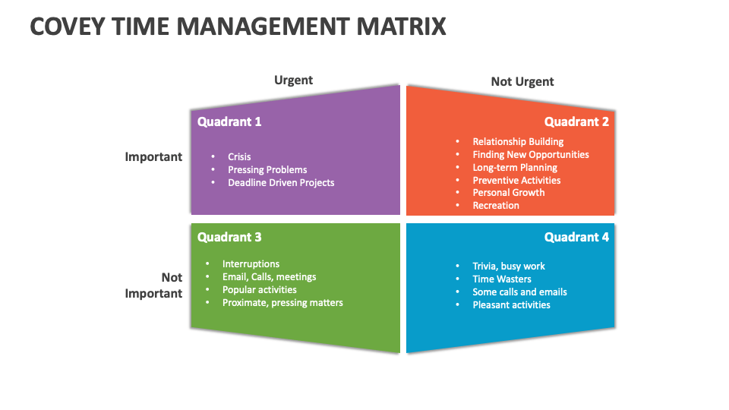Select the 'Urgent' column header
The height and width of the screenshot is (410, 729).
[x=293, y=80]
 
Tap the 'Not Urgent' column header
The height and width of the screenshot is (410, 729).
[x=522, y=81]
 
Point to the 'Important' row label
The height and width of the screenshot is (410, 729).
[x=153, y=156]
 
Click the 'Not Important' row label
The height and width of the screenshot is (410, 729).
[x=153, y=285]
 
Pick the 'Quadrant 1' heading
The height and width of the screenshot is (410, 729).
[x=229, y=121]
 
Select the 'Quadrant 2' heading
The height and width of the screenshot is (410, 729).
[x=576, y=121]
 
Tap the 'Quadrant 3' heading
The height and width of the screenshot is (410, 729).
[x=229, y=237]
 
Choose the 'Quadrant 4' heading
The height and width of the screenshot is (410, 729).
[x=576, y=237]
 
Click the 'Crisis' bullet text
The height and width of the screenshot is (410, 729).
[x=239, y=156]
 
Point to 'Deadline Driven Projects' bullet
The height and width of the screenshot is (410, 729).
[x=281, y=182]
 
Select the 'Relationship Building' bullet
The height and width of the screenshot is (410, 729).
[x=518, y=141]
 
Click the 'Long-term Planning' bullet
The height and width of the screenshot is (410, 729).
[x=515, y=167]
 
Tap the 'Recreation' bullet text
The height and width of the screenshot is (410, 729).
[x=496, y=205]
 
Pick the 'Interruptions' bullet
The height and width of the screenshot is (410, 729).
[x=251, y=263]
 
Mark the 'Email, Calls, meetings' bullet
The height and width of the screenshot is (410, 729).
[x=269, y=276]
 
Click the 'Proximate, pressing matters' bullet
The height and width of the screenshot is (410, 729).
[x=282, y=302]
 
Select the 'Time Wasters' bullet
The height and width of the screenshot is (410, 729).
[x=502, y=279]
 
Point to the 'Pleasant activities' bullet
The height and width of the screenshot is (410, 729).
[x=511, y=304]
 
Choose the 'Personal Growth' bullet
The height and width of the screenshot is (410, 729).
[x=509, y=192]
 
